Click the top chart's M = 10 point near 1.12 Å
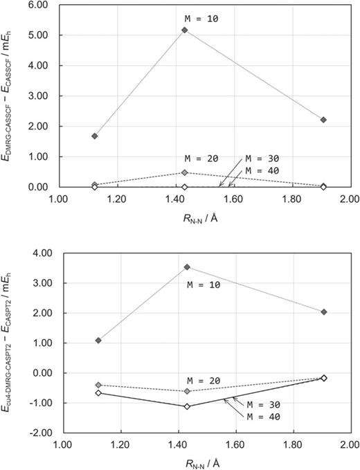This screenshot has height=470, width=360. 94,136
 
